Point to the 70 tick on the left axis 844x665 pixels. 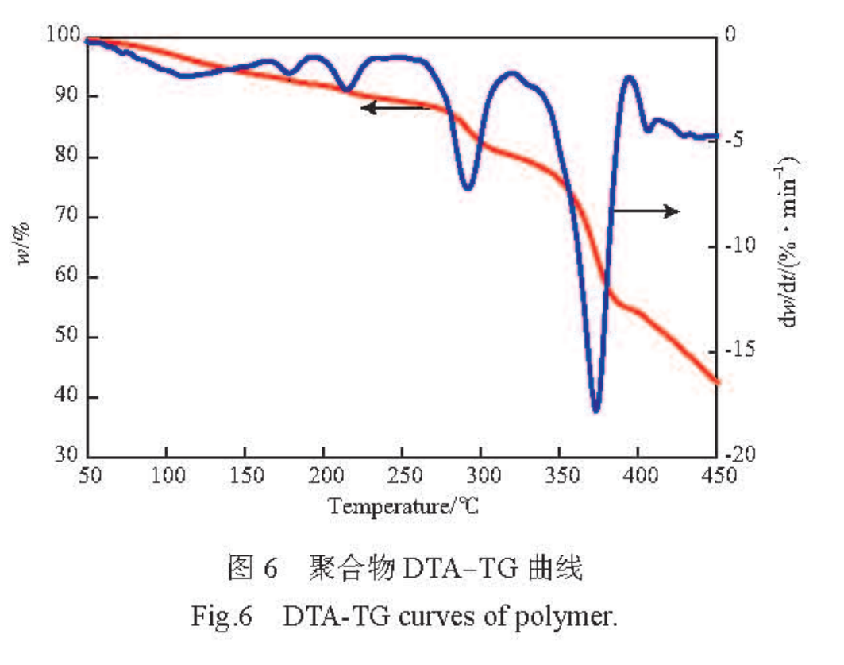click(67, 217)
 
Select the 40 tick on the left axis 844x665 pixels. click(67, 397)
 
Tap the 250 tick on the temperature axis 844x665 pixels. click(402, 476)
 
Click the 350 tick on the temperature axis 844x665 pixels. click(560, 476)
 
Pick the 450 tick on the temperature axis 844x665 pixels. click(717, 476)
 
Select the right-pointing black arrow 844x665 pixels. click(646, 211)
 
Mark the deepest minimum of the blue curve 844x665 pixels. click(596, 410)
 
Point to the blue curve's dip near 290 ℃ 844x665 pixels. click(468, 188)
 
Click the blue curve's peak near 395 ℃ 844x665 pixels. click(629, 77)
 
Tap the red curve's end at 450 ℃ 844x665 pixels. click(716, 382)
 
